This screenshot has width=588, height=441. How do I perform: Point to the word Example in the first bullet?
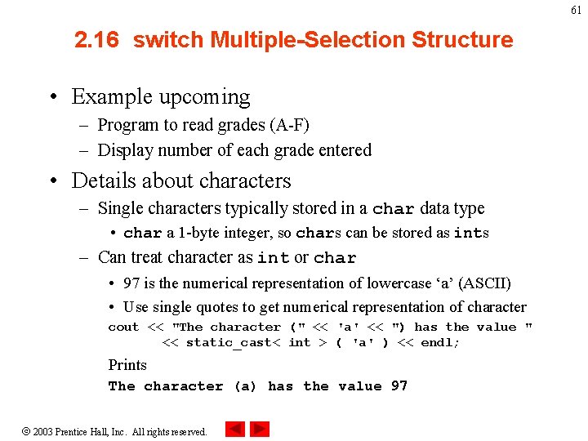pyautogui.click(x=109, y=97)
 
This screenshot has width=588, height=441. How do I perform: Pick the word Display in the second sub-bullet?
pyautogui.click(x=125, y=150)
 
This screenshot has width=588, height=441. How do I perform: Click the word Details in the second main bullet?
pyautogui.click(x=101, y=180)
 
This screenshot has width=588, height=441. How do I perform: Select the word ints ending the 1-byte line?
pyautogui.click(x=471, y=233)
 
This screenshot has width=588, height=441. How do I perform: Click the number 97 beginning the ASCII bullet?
pyautogui.click(x=131, y=283)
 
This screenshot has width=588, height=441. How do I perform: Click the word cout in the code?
pyautogui.click(x=123, y=327)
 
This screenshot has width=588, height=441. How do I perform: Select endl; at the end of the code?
pyautogui.click(x=439, y=343)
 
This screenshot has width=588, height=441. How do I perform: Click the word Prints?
pyautogui.click(x=127, y=365)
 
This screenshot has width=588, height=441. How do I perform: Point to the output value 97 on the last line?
pyautogui.click(x=399, y=386)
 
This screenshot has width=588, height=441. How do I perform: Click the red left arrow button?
pyautogui.click(x=234, y=429)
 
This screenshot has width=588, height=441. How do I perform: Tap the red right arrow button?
pyautogui.click(x=260, y=429)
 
